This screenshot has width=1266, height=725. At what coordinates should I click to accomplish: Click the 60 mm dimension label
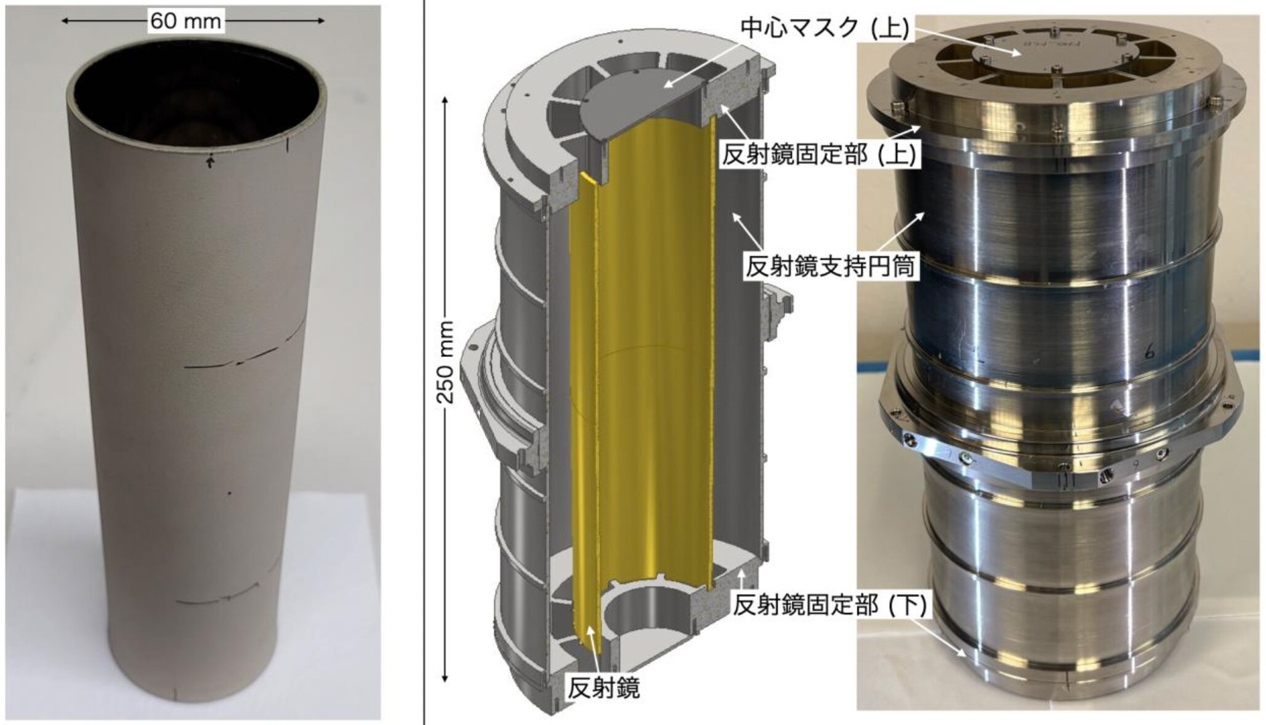coord(185,21)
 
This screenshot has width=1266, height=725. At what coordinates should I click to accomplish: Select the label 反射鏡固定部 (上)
coord(820,154)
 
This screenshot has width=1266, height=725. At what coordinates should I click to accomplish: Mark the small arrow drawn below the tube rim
coord(211,162)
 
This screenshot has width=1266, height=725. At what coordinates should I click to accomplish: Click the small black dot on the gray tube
coord(230,494)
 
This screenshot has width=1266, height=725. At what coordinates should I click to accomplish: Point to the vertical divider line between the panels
coord(424,362)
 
